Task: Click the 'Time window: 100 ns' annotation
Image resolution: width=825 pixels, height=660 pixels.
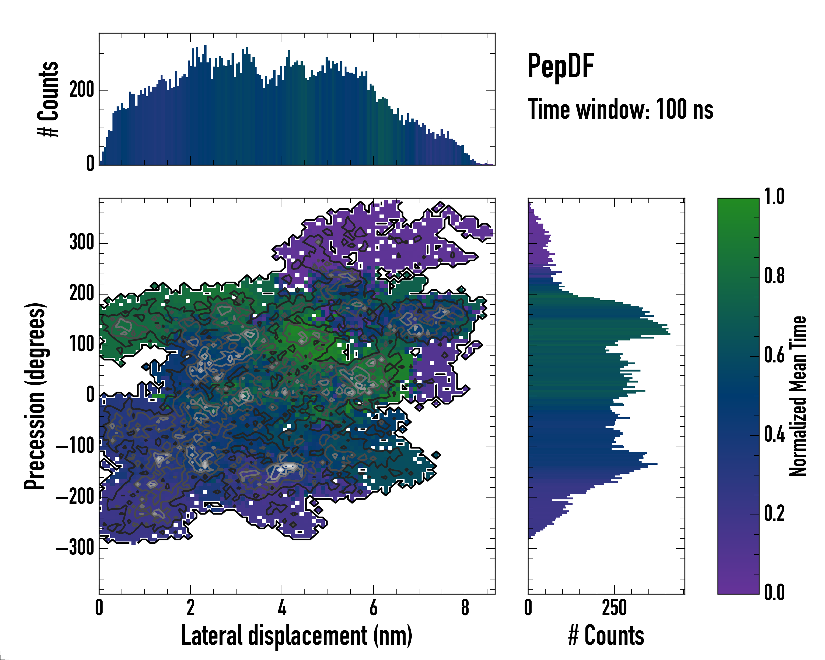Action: coord(620,109)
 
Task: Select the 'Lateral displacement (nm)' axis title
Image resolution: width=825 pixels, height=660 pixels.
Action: coord(296,636)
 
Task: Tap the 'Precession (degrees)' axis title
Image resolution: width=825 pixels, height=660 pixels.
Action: coord(35,396)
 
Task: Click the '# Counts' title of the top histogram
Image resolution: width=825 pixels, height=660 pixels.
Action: coord(48,99)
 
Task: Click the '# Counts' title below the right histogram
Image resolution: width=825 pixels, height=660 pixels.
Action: coord(606,636)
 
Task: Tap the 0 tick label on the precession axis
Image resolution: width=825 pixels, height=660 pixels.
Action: coord(90,395)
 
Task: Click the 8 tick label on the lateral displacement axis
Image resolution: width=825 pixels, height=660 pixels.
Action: coord(465,607)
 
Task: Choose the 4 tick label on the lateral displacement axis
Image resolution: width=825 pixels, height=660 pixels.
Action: coord(282,607)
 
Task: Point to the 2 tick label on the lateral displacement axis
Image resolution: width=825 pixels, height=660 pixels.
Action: coord(191,607)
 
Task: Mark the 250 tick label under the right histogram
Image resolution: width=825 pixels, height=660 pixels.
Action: coord(614,607)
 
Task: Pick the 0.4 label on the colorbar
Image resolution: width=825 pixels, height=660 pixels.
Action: coord(774,435)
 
